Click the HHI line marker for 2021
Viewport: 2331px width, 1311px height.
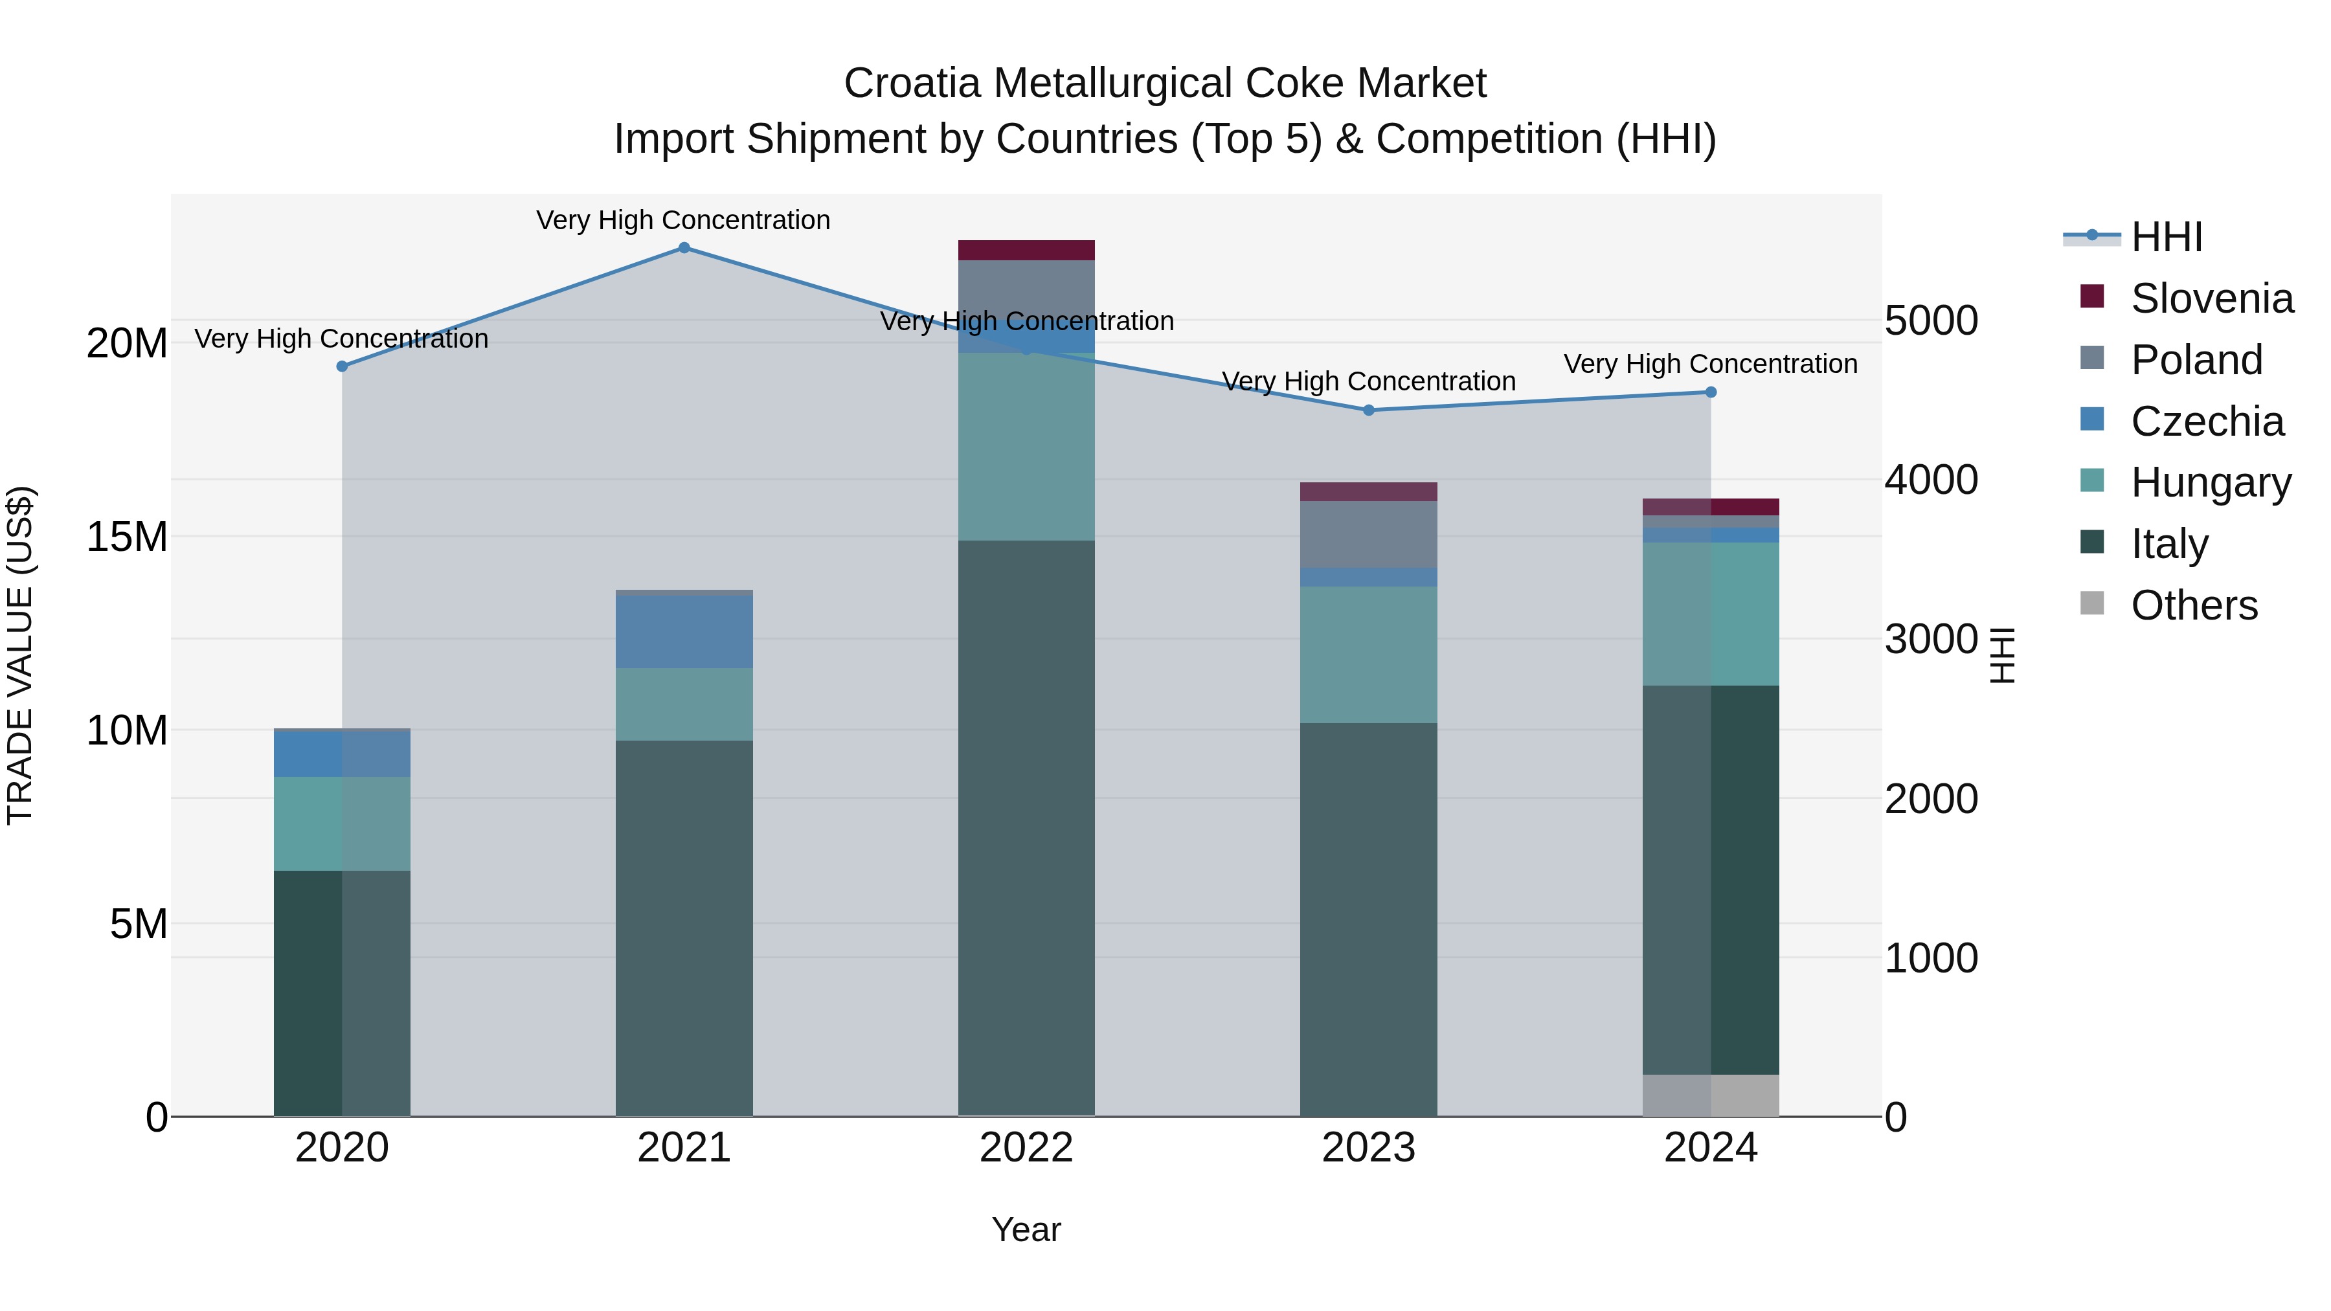tap(684, 248)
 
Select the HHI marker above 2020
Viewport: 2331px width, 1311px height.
tap(342, 366)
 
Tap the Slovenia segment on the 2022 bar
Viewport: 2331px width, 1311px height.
tap(1026, 251)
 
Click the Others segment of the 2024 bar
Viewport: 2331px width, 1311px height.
tap(1710, 1095)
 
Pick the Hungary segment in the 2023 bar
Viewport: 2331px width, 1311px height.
tap(1368, 654)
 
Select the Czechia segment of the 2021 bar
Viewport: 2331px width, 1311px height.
tap(684, 631)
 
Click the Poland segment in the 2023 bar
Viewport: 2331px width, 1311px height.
tap(1368, 534)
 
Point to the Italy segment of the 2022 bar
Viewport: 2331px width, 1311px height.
tap(1026, 828)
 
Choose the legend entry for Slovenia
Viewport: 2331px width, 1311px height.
tap(2212, 298)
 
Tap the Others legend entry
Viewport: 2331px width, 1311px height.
tap(2194, 605)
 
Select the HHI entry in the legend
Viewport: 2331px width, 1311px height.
tap(2167, 237)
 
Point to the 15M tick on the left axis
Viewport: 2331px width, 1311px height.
tap(127, 537)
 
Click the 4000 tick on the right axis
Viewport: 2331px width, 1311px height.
tap(1931, 480)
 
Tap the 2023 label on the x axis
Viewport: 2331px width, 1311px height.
tap(1368, 1148)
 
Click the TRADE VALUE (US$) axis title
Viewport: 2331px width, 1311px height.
tap(21, 655)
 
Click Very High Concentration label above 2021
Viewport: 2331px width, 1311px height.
tap(683, 220)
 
